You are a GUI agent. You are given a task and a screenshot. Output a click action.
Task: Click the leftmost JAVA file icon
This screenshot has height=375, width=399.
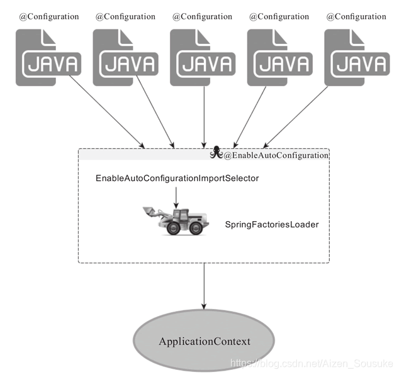48,57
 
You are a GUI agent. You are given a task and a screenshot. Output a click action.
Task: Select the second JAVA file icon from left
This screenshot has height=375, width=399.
126,57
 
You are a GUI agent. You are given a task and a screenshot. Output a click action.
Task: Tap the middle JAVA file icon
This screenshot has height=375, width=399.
203,57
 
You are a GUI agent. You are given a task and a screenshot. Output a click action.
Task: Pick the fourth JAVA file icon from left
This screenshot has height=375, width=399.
280,57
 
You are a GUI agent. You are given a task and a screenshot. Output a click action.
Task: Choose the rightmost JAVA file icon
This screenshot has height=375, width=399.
357,57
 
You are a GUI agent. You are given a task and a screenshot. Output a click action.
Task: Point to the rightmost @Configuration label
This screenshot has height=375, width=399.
356,16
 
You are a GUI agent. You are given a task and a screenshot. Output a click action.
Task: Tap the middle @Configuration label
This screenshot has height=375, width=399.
203,16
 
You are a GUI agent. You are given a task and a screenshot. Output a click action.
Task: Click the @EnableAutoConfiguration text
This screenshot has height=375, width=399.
276,155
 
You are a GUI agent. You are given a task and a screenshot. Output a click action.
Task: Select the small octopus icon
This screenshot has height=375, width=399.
216,152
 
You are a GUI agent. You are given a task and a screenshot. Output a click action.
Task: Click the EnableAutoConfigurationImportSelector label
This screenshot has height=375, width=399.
177,178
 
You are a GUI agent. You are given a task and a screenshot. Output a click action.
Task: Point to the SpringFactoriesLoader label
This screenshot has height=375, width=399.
267,224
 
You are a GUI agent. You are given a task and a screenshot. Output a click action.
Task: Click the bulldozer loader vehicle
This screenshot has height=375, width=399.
176,220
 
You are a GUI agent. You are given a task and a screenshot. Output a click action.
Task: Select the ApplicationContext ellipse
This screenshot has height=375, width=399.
205,342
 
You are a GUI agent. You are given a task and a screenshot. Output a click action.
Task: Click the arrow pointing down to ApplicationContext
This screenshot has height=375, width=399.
204,286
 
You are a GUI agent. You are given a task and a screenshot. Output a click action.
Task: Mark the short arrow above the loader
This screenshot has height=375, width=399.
177,196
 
